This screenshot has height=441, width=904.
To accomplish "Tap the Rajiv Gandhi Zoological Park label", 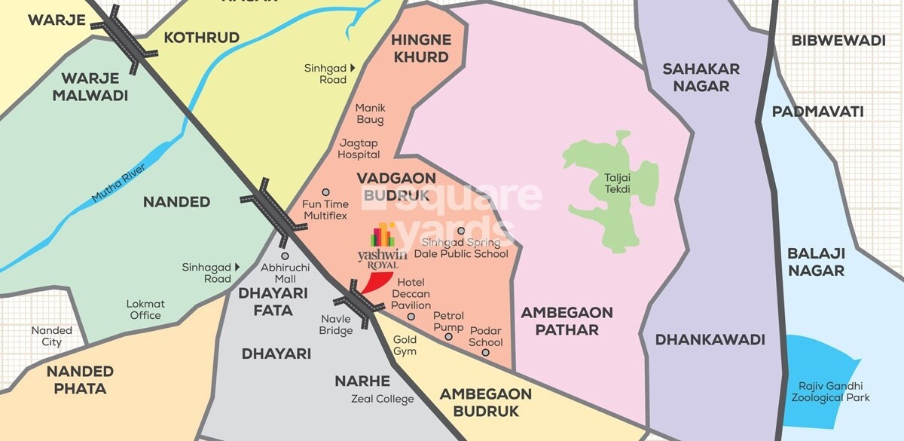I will pos(829,391).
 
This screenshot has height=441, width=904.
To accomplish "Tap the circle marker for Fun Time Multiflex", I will pos(325,192).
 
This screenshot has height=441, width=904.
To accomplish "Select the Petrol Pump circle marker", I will pos(449,336).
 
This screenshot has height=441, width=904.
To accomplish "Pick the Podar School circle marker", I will pos(486,352).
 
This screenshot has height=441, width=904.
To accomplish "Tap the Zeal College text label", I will pos(383,399).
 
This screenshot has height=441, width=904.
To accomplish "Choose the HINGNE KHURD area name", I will pos(420,48).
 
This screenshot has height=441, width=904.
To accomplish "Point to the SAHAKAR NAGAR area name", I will pos(701,77).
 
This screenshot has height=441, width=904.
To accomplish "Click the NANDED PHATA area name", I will pos(80,380).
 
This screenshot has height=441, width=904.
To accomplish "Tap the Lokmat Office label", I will pos(145,310).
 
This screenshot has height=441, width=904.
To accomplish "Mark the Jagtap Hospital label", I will pos(359,149).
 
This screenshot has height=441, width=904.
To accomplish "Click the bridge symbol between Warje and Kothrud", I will pos(130,39).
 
